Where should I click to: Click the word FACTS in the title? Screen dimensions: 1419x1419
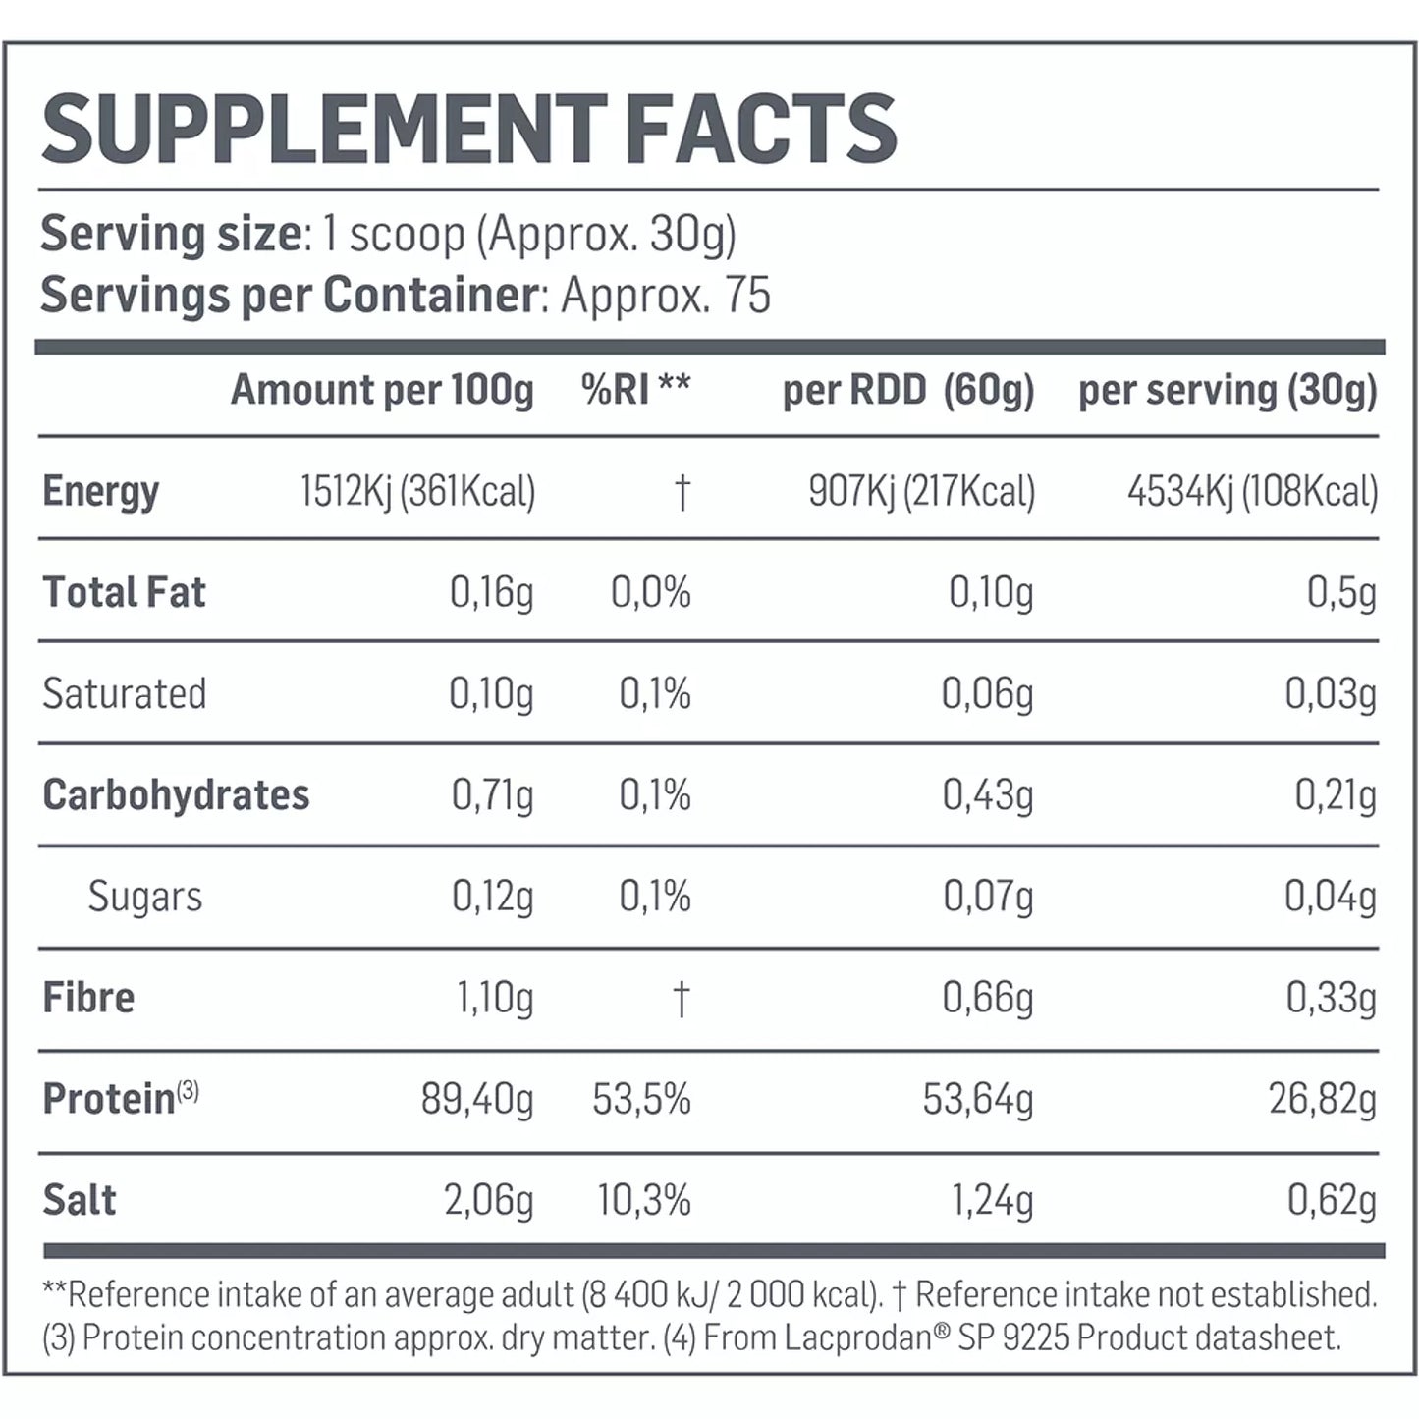[760, 130]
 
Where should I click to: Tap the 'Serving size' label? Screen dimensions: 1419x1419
[171, 235]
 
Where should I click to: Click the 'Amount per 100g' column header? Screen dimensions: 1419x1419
[382, 390]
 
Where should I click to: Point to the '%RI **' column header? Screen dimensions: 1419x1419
[635, 390]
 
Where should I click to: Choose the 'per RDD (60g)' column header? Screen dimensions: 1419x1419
[907, 390]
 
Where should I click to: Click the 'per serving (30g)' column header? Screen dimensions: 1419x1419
[1227, 390]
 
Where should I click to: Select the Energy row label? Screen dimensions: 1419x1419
[100, 491]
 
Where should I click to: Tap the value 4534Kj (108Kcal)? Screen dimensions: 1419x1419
[1252, 491]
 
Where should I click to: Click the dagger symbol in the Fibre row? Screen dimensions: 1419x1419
[681, 999]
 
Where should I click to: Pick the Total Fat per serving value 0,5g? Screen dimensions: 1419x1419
[1341, 593]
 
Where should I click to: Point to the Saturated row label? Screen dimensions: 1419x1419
[125, 694]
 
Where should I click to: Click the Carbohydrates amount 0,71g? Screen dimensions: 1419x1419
[492, 795]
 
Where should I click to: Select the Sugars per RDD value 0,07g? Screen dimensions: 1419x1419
[988, 897]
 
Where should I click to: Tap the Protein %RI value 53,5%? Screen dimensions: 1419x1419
[641, 1099]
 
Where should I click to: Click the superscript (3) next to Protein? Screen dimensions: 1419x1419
[188, 1091]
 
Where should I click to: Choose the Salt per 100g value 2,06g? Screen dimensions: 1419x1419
[488, 1200]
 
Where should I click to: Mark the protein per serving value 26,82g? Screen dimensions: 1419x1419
[1322, 1099]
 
